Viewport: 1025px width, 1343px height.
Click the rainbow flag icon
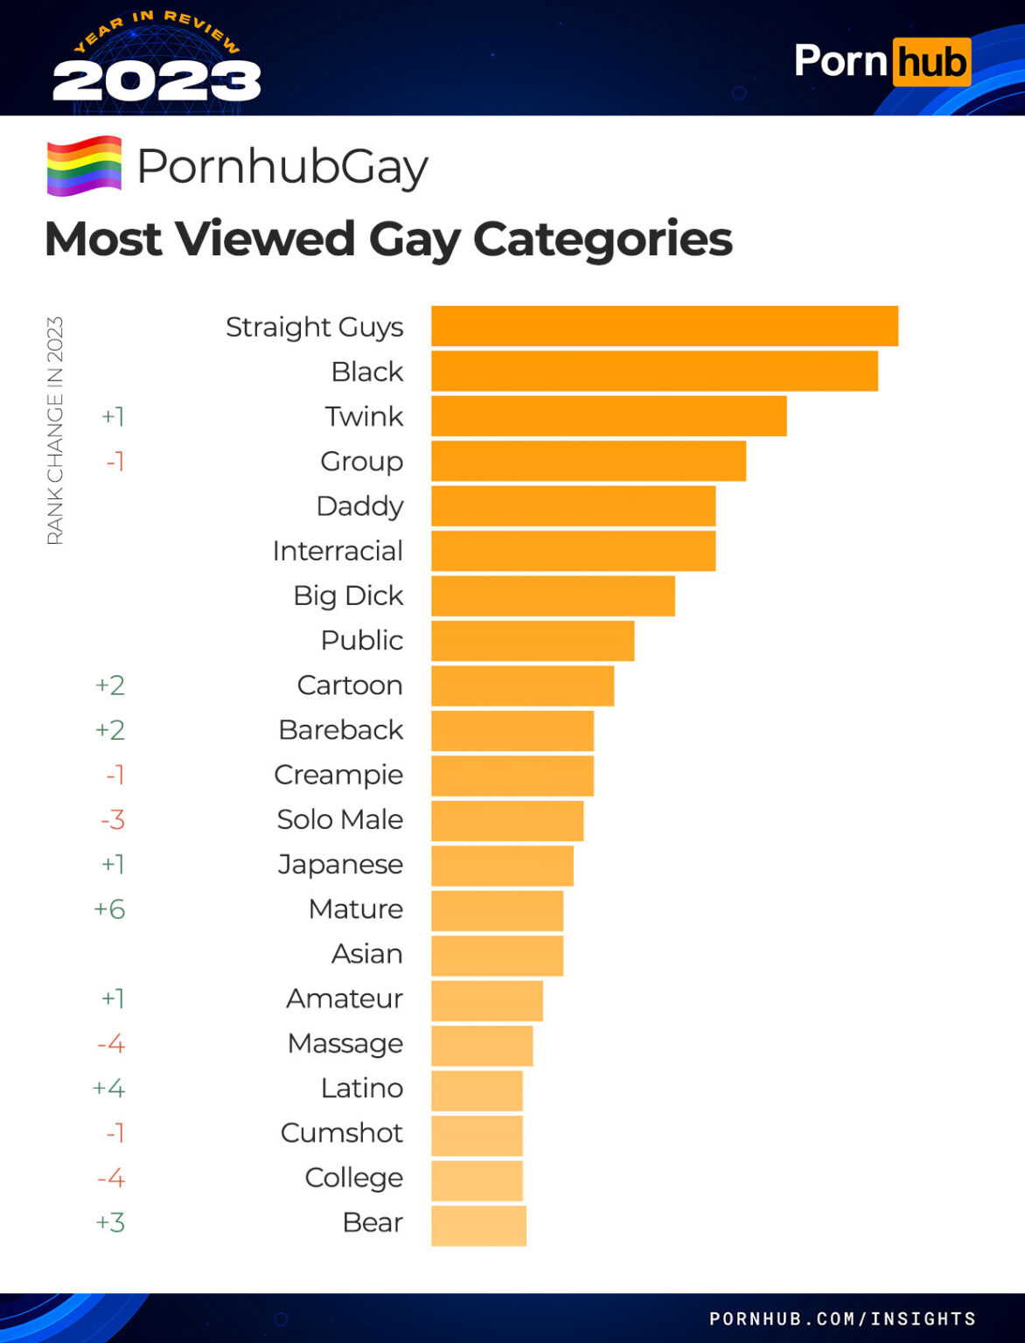pos(84,165)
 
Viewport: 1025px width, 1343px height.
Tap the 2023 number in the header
pos(157,81)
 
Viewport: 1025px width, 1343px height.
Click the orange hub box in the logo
pos(931,62)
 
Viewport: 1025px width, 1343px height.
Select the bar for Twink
pos(609,416)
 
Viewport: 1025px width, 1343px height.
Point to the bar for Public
pos(533,641)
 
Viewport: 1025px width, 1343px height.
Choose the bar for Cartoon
pos(522,685)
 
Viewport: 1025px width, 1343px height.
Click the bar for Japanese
pos(502,865)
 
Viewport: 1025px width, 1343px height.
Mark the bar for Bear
pos(478,1225)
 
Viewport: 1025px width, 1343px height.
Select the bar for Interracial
pos(573,551)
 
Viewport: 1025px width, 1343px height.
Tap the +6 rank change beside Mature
pos(110,909)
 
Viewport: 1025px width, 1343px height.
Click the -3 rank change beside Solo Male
pos(113,820)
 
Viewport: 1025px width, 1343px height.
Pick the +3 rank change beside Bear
pos(110,1222)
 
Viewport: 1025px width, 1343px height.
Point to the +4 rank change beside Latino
pos(110,1089)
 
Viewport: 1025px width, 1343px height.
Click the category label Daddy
pos(359,506)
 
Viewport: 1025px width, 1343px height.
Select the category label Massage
pos(345,1043)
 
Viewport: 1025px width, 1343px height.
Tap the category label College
pos(353,1178)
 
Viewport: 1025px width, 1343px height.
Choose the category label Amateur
pos(345,999)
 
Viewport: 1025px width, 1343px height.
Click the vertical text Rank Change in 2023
pos(55,430)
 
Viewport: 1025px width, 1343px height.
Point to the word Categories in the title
pos(603,239)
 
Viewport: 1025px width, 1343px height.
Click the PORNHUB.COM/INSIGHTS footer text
pos(842,1319)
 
